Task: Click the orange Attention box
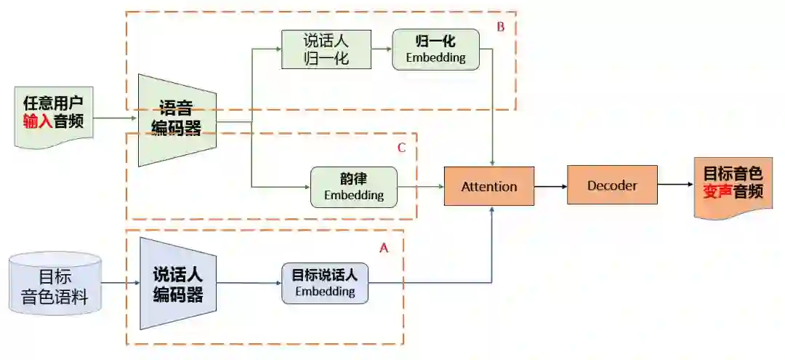(x=489, y=186)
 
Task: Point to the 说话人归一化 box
(x=326, y=49)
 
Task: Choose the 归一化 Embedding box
(x=435, y=49)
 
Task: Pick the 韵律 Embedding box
(x=354, y=186)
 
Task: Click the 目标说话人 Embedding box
(x=325, y=283)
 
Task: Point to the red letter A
(x=385, y=247)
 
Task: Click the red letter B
(x=500, y=27)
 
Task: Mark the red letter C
(x=401, y=148)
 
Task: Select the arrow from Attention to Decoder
(x=550, y=186)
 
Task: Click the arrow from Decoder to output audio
(x=675, y=185)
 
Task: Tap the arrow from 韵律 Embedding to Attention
(x=421, y=186)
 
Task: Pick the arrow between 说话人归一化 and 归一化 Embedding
(x=382, y=49)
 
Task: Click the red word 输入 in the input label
(x=37, y=121)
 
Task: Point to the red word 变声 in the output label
(x=717, y=192)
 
